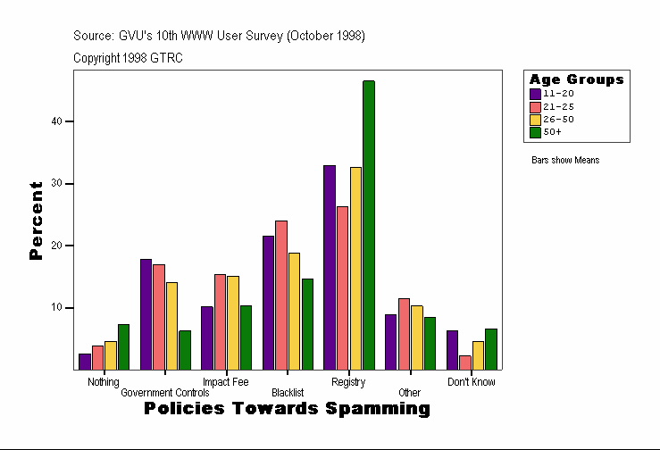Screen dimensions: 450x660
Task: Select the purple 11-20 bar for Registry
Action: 330,267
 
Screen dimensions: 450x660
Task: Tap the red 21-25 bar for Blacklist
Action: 281,295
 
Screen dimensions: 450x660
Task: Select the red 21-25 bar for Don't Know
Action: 465,362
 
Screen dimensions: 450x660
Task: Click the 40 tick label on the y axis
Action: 56,121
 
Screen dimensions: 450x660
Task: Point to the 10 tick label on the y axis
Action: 56,308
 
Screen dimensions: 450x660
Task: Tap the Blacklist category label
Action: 288,393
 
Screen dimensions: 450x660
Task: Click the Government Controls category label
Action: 165,393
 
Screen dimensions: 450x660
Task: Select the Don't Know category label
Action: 472,382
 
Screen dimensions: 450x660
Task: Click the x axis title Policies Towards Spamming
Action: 287,409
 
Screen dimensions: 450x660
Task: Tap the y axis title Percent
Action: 37,221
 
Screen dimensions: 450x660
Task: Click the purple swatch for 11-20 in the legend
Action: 536,94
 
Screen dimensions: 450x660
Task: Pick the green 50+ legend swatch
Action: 536,132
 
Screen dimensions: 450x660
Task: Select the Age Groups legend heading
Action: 576,79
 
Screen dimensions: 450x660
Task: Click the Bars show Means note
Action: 565,161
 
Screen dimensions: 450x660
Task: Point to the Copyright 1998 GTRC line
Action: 129,58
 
